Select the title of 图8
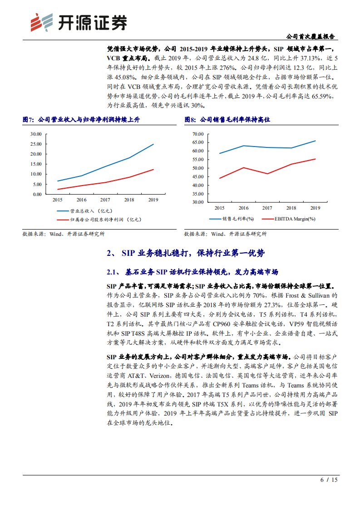[227, 120]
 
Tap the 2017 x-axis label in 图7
[105, 200]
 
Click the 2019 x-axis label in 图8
[315, 208]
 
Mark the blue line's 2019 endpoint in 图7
[153, 144]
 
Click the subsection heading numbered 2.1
[192, 272]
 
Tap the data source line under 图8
[225, 234]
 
